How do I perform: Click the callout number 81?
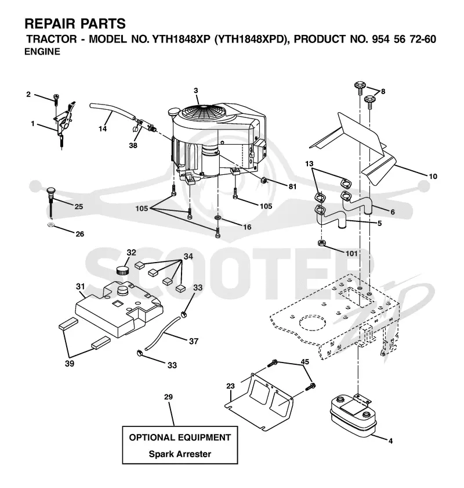point(292,186)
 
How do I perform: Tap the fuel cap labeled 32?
point(123,270)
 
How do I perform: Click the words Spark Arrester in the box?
point(180,454)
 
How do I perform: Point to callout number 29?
point(168,397)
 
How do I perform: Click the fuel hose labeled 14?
point(113,112)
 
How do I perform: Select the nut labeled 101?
point(322,242)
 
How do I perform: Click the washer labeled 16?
point(218,216)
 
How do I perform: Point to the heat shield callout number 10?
point(433,177)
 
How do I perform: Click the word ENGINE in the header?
point(42,51)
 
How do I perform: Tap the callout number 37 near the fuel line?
point(194,341)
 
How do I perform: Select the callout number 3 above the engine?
point(196,91)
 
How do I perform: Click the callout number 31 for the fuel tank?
point(81,286)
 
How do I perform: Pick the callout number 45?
point(305,361)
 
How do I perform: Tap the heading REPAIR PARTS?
point(75,24)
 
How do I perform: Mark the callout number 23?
point(230,386)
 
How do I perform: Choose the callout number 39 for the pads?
point(69,363)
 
